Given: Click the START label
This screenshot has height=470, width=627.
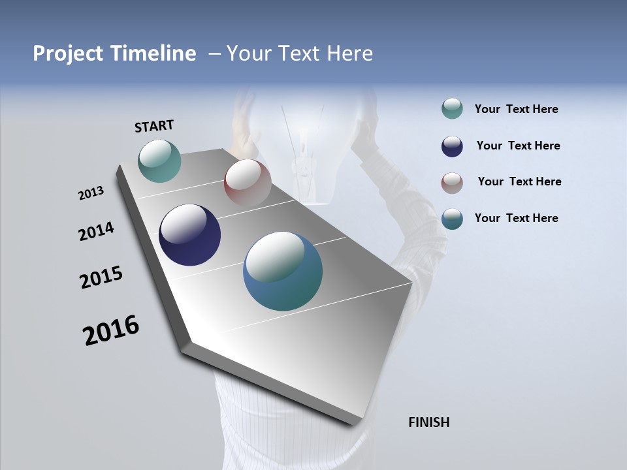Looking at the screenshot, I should click(154, 125).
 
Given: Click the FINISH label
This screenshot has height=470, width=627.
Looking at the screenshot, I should click(428, 422).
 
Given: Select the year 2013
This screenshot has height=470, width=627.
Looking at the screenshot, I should click(91, 193).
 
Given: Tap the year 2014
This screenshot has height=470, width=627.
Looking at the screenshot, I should click(96, 231).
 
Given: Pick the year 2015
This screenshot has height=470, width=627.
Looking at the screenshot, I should click(101, 277).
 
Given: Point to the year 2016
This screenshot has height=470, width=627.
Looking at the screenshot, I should click(111, 330).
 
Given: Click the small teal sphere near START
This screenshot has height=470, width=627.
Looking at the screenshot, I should click(159, 161).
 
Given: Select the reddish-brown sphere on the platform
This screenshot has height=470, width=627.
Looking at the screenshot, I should click(248, 183).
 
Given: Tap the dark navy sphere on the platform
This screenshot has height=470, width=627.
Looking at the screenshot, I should click(189, 235).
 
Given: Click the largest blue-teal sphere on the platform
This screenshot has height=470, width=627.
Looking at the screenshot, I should click(283, 271).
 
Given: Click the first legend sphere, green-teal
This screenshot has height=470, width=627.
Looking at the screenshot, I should click(452, 109).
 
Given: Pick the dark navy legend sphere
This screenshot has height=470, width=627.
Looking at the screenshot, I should click(452, 146).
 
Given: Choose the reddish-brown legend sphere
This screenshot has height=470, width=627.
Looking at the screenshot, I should click(452, 183).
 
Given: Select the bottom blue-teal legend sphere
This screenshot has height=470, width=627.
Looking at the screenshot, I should click(452, 219).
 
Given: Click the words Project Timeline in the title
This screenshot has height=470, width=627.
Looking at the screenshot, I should click(114, 54).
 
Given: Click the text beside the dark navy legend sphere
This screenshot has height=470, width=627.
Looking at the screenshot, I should click(518, 146).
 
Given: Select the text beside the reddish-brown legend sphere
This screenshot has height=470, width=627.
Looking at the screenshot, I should click(519, 181).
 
